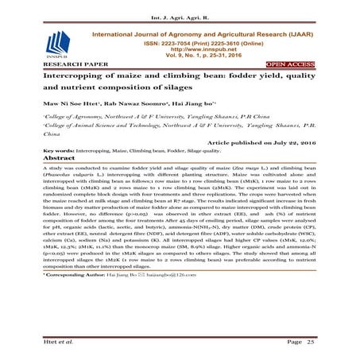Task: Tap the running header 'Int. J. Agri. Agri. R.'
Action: coord(180,11)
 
